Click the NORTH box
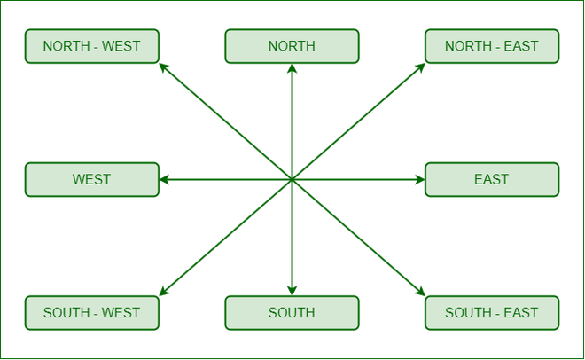click(x=292, y=46)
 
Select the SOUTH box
click(x=292, y=313)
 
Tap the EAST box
click(x=492, y=179)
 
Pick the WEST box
click(x=92, y=179)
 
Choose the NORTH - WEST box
click(x=92, y=46)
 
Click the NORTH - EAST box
click(x=492, y=46)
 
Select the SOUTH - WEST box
click(x=92, y=313)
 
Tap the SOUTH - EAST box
click(x=492, y=313)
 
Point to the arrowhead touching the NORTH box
click(x=292, y=68)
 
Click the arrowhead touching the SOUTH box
click(x=292, y=291)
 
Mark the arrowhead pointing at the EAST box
click(x=420, y=180)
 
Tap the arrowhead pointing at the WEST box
click(x=164, y=180)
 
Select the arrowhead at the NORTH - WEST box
click(x=163, y=67)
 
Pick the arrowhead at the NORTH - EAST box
click(x=420, y=67)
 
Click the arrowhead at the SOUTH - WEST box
click(x=163, y=292)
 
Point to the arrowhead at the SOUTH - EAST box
click(x=420, y=292)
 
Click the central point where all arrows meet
click(x=292, y=180)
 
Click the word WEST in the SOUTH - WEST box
click(x=121, y=313)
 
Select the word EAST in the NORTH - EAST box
click(x=521, y=46)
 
